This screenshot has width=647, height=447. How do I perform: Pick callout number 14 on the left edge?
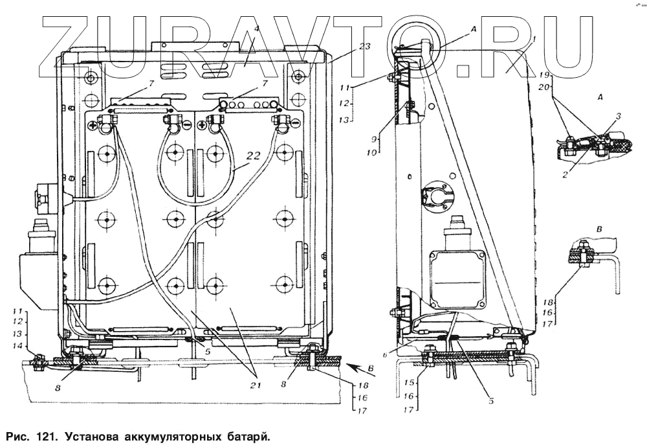(19, 347)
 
